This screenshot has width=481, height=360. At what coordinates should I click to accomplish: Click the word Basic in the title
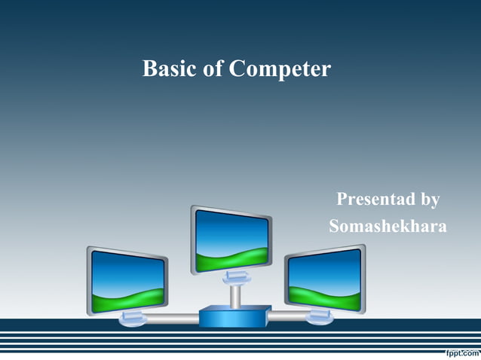point(170,69)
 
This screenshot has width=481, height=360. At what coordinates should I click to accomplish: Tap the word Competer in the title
point(280,70)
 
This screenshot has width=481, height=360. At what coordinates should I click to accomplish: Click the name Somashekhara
point(388,226)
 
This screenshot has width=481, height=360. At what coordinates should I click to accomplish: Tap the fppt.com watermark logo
point(458,352)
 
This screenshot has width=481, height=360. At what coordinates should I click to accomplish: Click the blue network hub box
point(234,316)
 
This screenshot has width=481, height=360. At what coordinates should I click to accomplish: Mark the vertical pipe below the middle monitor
point(234,296)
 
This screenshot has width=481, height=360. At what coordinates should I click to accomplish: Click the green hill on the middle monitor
point(230,259)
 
